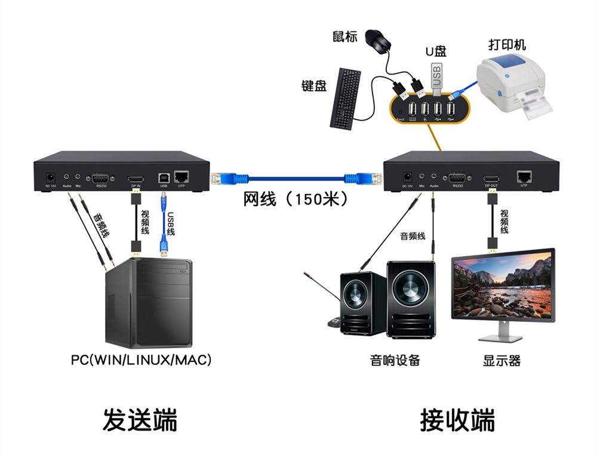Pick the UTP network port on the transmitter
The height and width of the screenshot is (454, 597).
tap(181, 177)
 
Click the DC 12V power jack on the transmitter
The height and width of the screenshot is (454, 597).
tap(51, 177)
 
